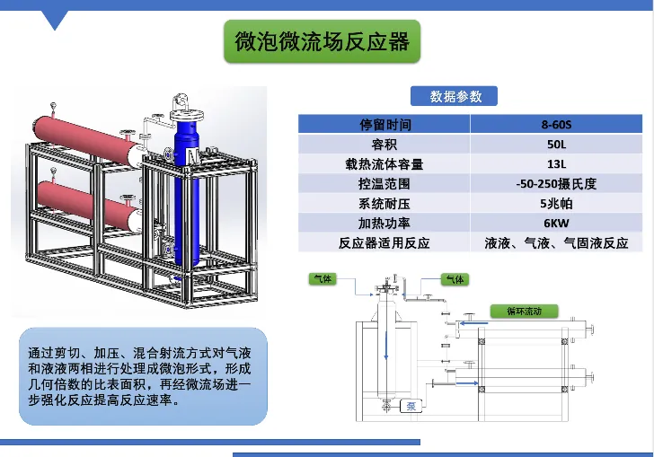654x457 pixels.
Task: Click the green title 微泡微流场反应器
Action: click(x=322, y=41)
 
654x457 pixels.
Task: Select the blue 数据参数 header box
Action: click(x=454, y=96)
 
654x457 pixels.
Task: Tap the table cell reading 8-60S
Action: click(x=556, y=124)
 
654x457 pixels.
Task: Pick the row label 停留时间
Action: click(x=385, y=124)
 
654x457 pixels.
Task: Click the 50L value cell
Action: click(x=556, y=144)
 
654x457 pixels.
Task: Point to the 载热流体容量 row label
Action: click(x=384, y=164)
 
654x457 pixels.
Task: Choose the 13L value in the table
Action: click(x=556, y=164)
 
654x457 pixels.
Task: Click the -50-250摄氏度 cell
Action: click(x=556, y=183)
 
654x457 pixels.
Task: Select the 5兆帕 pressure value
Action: click(x=556, y=204)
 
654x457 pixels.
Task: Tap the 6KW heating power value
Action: click(x=556, y=223)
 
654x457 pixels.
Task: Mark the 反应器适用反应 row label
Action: click(x=384, y=243)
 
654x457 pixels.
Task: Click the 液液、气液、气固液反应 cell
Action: click(x=556, y=243)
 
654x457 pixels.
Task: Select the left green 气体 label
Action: click(x=323, y=278)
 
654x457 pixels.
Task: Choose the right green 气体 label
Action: click(x=455, y=279)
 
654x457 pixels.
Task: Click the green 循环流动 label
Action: click(x=524, y=311)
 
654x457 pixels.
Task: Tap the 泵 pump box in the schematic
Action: click(x=411, y=406)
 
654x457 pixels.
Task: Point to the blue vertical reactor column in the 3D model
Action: click(x=186, y=193)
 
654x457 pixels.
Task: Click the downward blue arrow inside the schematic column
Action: click(x=386, y=346)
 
